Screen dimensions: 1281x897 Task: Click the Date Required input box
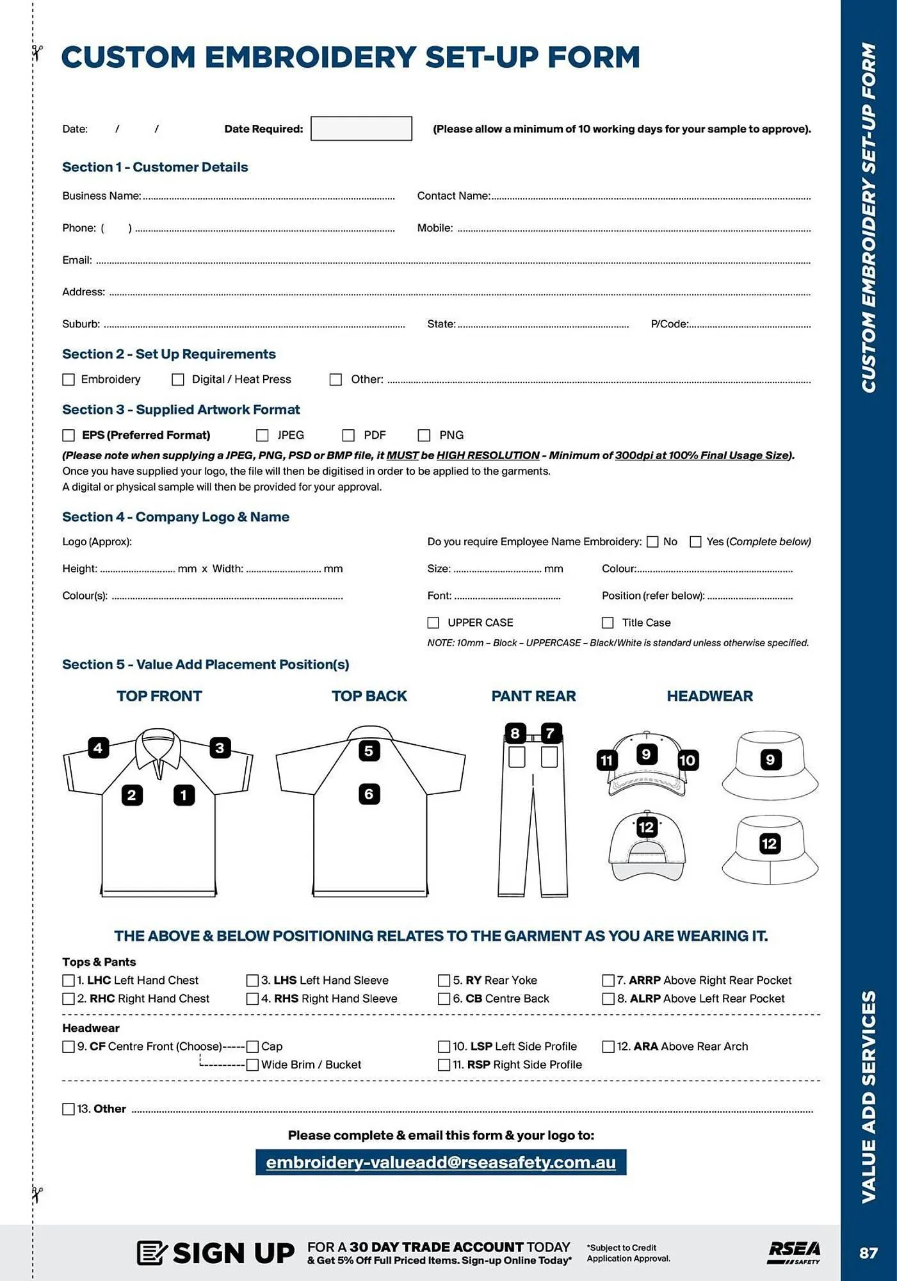[x=361, y=128]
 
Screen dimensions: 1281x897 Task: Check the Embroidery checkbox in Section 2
[x=69, y=379]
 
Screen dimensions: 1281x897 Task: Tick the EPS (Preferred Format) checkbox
[x=69, y=435]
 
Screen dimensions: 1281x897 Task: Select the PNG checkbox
[x=424, y=435]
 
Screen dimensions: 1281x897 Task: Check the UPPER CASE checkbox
[x=433, y=623]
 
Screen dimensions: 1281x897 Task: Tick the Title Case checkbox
[x=608, y=623]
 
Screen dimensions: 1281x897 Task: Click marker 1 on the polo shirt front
[x=184, y=795]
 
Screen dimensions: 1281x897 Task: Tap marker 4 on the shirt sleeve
[x=98, y=747]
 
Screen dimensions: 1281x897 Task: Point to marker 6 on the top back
[x=369, y=794]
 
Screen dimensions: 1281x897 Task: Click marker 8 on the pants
[x=515, y=733]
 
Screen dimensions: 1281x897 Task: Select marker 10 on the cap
[x=687, y=760]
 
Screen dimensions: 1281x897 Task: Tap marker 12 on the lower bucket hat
[x=769, y=844]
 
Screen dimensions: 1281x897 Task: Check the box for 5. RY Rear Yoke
[x=444, y=980]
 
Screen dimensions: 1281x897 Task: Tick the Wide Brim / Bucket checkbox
[x=252, y=1065]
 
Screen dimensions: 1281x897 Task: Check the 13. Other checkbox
[x=69, y=1109]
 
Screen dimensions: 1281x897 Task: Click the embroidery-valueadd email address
[x=440, y=1163]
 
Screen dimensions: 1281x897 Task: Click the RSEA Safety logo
[x=794, y=1252]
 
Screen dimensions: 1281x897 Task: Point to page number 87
[x=868, y=1253]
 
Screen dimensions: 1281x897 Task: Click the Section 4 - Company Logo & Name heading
[x=175, y=517]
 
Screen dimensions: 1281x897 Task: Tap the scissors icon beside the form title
[x=37, y=53]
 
